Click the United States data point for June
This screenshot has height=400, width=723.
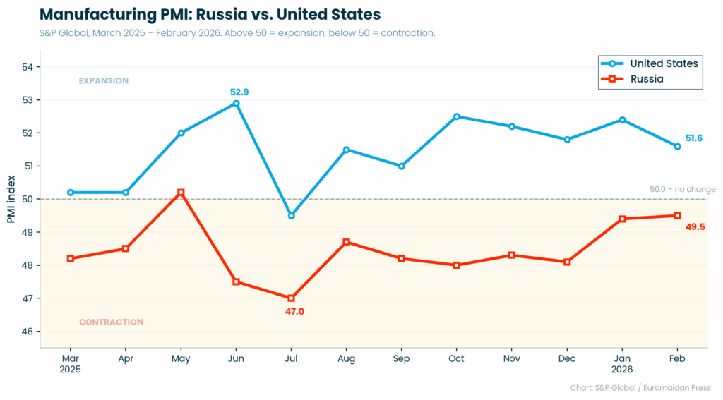click(236, 104)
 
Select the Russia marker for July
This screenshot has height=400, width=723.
click(291, 298)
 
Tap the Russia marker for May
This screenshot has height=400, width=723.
click(181, 193)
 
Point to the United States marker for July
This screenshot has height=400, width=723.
click(291, 215)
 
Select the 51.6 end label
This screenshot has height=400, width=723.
click(694, 138)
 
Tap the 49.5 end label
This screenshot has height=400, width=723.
click(695, 226)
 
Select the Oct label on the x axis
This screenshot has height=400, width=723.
click(456, 358)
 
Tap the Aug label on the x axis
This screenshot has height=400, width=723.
click(346, 358)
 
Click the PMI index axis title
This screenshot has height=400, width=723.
click(11, 199)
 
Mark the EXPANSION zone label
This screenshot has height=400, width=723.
click(103, 80)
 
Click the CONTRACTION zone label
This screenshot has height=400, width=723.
click(111, 322)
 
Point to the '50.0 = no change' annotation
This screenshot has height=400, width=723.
click(682, 189)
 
